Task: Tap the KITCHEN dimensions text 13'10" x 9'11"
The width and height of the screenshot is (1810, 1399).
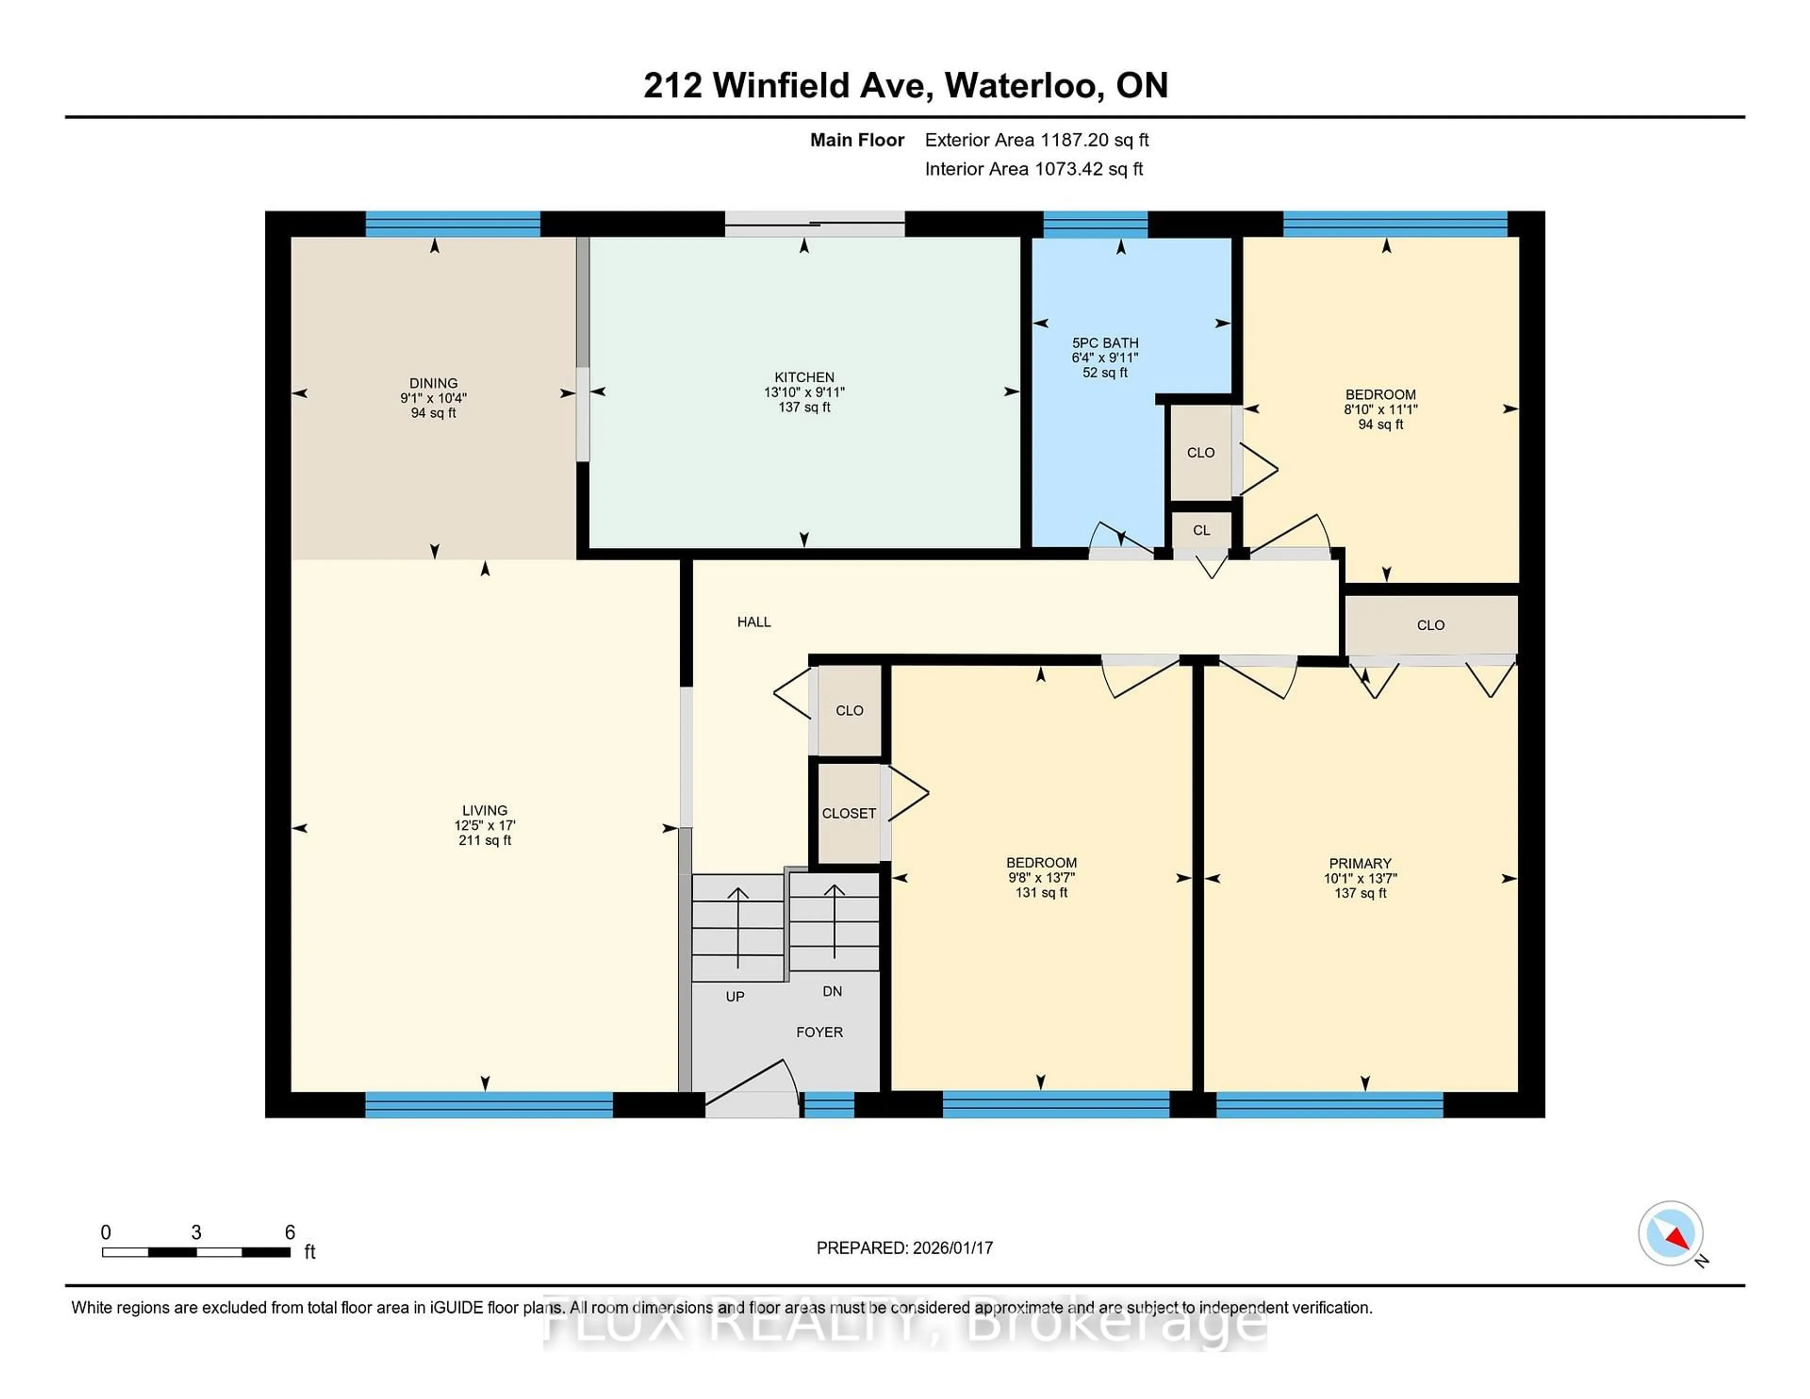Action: [804, 392]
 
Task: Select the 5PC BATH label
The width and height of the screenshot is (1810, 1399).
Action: [1105, 342]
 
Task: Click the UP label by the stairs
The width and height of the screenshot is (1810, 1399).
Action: [734, 996]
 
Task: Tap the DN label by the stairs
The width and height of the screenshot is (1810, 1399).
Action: [832, 991]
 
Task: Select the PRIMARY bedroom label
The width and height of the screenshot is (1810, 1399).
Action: [1359, 863]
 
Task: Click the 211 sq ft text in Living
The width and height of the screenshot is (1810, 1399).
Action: [485, 840]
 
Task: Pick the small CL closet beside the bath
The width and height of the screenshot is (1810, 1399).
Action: [1201, 530]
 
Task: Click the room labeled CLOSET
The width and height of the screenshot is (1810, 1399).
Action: [848, 813]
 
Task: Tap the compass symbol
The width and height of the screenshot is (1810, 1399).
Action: [1670, 1233]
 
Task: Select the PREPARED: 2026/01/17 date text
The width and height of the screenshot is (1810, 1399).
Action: [904, 1247]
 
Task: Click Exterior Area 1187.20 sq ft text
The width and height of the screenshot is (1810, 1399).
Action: [1036, 140]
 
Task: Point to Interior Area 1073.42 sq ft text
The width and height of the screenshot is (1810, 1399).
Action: [1034, 169]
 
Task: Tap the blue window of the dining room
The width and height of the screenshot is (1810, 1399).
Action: [452, 224]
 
